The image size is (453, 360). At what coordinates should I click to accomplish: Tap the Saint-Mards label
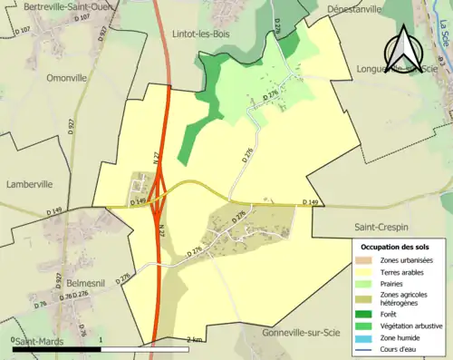point(38,342)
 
